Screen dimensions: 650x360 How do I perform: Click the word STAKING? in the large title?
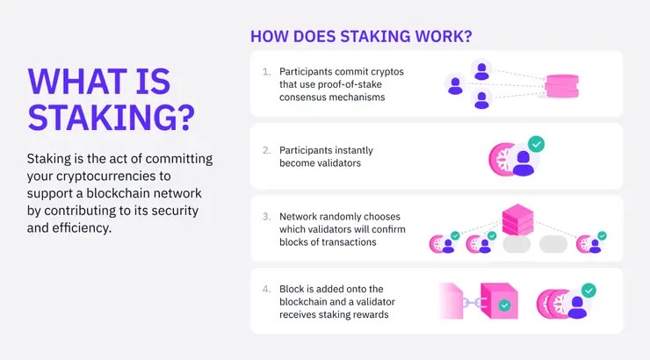click(111, 118)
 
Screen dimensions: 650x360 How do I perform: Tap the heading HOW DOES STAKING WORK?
click(361, 37)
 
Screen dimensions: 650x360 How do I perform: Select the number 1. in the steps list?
click(266, 72)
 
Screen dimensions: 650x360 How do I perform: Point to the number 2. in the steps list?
click(266, 150)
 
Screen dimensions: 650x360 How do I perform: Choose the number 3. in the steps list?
click(266, 217)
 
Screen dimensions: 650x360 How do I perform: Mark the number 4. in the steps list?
click(266, 289)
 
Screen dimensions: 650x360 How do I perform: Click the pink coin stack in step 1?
click(561, 86)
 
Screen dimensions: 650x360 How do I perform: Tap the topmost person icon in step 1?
click(481, 71)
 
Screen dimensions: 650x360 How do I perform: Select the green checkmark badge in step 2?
click(537, 144)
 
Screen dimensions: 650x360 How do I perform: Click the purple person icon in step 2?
click(524, 163)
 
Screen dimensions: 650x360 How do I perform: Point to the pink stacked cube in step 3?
click(517, 220)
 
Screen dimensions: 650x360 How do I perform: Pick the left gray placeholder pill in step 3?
click(516, 244)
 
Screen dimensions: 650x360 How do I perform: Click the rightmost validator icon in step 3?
click(591, 242)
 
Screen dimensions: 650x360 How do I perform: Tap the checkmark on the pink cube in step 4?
click(504, 306)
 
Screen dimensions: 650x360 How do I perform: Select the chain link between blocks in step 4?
click(472, 303)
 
